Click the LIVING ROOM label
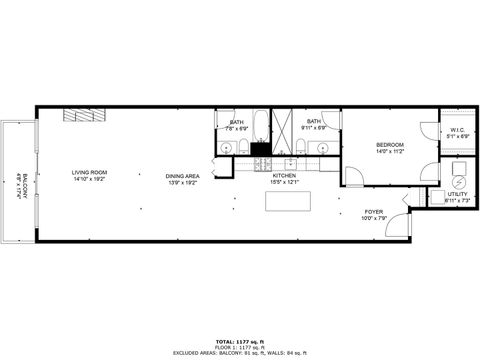[89, 172]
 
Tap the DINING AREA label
[183, 176]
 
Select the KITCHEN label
[285, 176]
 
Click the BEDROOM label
[389, 146]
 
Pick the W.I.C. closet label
[457, 129]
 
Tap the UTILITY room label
[457, 197]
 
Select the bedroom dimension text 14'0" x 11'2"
[389, 152]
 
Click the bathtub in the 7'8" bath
[259, 128]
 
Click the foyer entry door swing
[397, 226]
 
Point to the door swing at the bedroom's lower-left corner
[354, 176]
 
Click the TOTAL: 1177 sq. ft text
[238, 340]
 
